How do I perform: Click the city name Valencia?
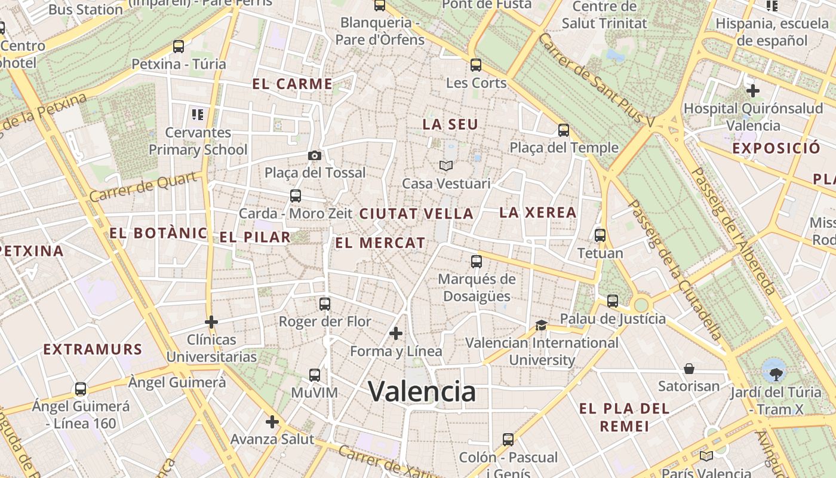coord(422,391)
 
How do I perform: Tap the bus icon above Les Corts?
coord(476,65)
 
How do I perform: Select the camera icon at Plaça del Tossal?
coord(315,155)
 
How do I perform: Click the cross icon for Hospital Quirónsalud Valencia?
coord(753,91)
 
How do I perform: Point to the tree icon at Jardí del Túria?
coord(776,374)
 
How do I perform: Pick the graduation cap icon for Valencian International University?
coord(541,325)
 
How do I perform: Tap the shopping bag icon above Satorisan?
coord(689,368)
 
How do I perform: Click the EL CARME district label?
coord(292,84)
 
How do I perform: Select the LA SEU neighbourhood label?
coord(450,124)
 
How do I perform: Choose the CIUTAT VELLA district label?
coord(416,213)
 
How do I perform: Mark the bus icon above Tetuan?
coord(600,235)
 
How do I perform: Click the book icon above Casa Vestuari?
coord(446,166)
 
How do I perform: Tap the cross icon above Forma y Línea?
coord(396,333)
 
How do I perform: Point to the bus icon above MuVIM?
coord(315,375)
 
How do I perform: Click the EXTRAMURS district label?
coord(93,350)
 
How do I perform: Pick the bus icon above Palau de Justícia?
coord(613,301)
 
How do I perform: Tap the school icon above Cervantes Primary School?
coord(198,114)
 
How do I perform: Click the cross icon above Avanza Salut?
coord(272,422)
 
